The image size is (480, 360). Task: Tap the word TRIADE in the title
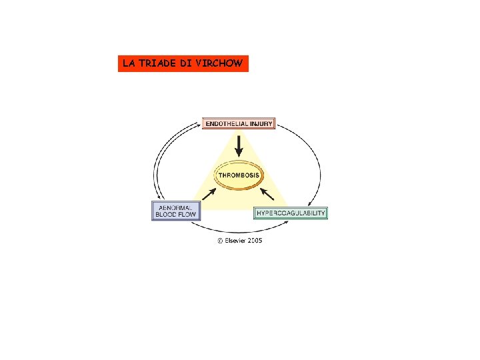coord(159,64)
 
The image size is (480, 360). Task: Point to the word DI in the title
coord(188,64)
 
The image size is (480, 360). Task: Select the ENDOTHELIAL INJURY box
coord(239,124)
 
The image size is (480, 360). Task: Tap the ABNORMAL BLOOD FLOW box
coord(176,211)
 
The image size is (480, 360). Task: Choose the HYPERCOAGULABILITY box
coord(291,213)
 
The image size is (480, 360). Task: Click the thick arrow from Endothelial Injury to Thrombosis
coord(239,145)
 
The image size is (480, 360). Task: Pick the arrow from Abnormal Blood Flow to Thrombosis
coord(208,195)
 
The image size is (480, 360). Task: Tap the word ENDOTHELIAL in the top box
coord(227,124)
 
